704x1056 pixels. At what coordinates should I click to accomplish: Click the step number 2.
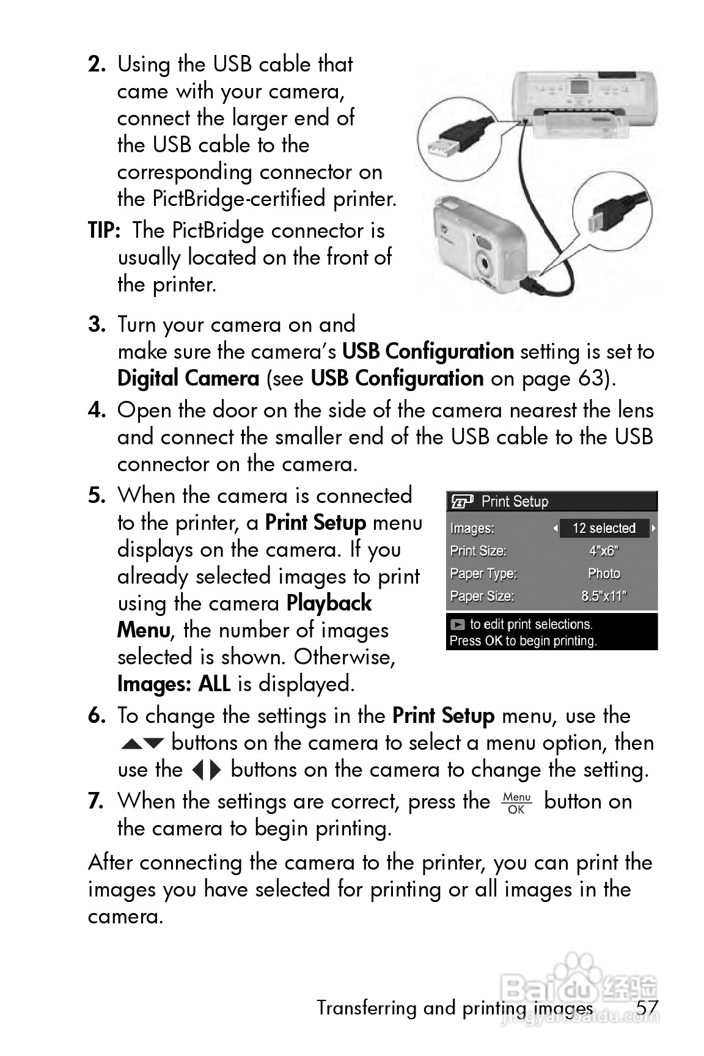(97, 64)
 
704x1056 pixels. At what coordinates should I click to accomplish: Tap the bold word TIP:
(105, 231)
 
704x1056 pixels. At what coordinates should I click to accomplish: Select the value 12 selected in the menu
(604, 528)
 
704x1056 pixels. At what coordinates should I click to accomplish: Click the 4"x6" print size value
(604, 551)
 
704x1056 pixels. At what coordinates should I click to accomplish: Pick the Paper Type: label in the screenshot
(483, 573)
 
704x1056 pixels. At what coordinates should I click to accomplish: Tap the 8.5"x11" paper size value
(604, 596)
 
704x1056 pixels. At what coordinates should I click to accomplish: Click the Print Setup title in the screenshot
(515, 502)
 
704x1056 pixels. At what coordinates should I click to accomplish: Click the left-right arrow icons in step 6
(207, 770)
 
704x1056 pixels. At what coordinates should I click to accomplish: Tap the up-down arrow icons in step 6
(142, 744)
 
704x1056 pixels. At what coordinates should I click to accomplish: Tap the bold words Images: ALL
(174, 684)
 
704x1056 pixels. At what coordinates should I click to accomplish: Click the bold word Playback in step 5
(329, 603)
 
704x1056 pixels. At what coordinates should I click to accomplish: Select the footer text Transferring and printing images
(455, 1008)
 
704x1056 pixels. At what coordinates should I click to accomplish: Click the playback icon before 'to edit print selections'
(458, 625)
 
